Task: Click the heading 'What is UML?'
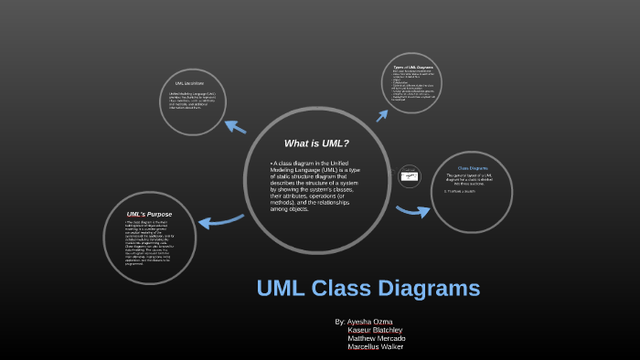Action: tap(316, 143)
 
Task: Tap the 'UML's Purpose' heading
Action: tap(149, 214)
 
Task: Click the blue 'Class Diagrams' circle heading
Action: tap(473, 168)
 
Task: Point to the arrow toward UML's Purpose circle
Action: tap(219, 220)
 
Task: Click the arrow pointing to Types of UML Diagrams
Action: tap(382, 112)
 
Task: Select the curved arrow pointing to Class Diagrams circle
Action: tap(412, 211)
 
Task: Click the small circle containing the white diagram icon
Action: tap(411, 176)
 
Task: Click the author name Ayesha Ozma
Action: tap(370, 322)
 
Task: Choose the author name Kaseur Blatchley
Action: tap(375, 330)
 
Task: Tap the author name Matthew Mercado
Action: tap(376, 339)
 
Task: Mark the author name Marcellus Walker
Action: tap(376, 347)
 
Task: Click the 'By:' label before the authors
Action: tap(340, 322)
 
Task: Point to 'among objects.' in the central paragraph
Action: tap(290, 209)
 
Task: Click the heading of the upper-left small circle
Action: tap(188, 83)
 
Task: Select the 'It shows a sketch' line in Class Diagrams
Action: tap(460, 191)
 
